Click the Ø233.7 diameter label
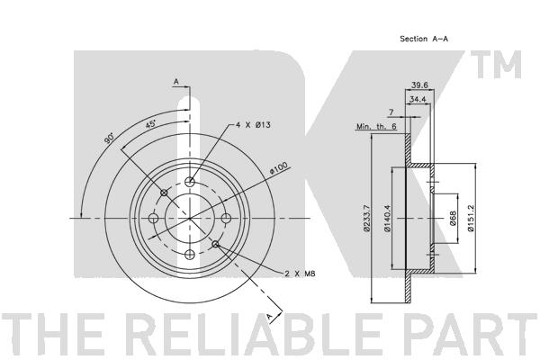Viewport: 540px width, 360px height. (367, 217)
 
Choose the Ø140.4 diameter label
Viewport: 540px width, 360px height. (388, 217)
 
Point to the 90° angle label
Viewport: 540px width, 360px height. (108, 139)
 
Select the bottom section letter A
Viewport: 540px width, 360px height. (268, 317)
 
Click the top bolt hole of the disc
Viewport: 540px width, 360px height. (190, 183)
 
